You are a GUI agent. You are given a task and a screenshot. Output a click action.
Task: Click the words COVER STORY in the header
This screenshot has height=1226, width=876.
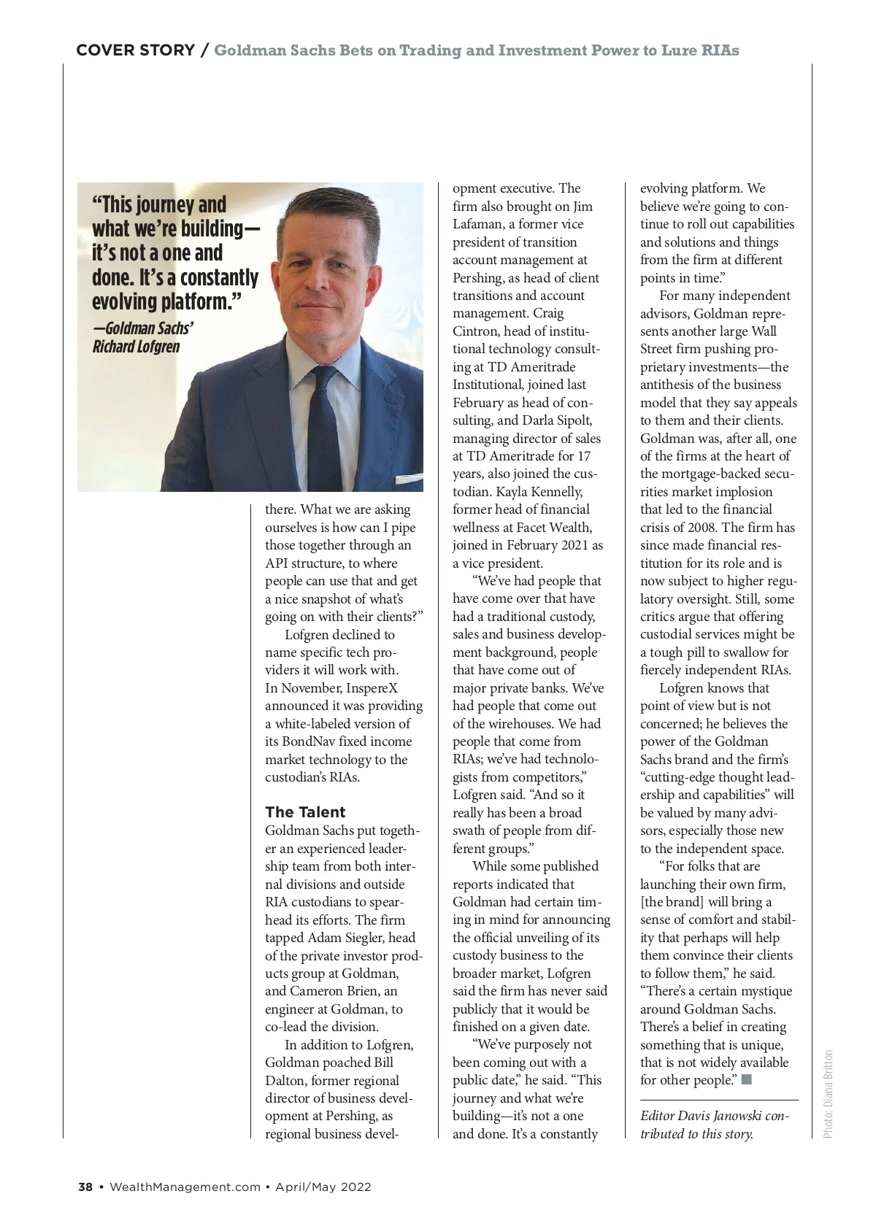[x=136, y=50]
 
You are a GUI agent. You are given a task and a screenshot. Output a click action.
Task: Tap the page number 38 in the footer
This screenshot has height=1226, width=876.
[x=85, y=1187]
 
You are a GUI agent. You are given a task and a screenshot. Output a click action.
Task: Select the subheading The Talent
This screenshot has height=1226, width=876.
[x=305, y=812]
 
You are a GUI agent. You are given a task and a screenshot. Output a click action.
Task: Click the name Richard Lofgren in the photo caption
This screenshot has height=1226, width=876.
[x=136, y=346]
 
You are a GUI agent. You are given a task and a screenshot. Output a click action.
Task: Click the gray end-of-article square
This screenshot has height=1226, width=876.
[x=746, y=1080]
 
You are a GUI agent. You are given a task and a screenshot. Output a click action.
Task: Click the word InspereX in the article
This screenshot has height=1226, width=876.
[x=372, y=688]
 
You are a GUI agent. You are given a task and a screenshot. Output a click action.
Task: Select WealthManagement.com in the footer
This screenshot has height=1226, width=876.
[x=185, y=1187]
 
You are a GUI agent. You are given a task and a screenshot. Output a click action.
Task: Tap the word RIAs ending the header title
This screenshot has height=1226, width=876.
[x=721, y=50]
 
